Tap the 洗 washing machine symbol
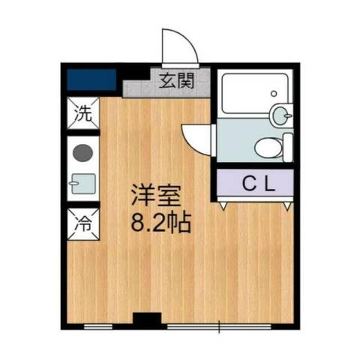(83, 115)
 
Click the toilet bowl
(265, 147)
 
